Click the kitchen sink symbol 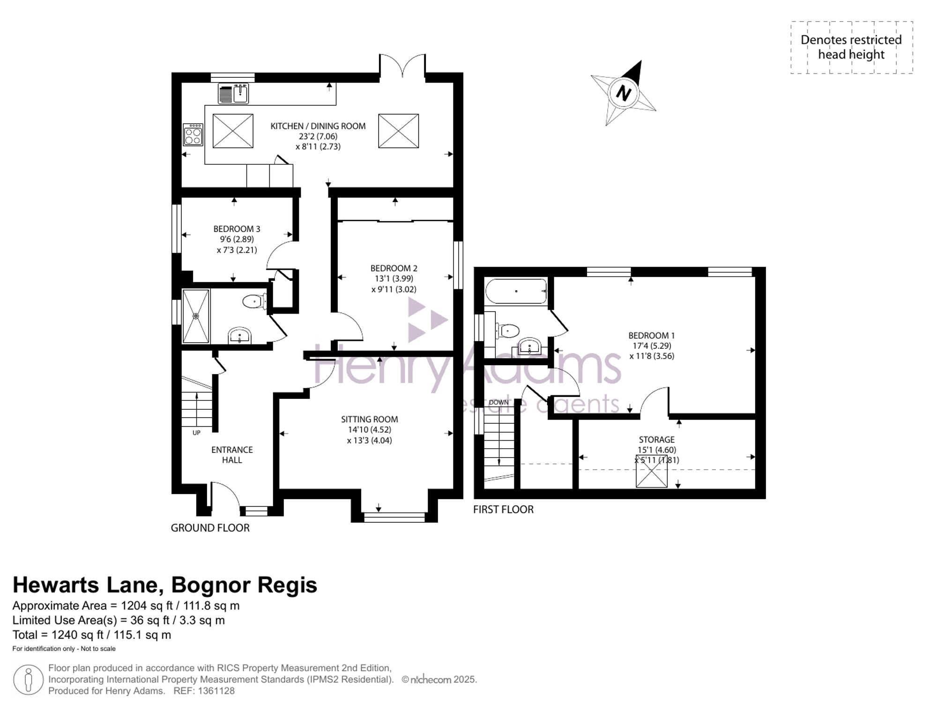click(x=233, y=93)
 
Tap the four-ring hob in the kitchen click(x=193, y=135)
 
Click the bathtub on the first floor click(x=516, y=292)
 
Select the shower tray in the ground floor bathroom click(x=196, y=316)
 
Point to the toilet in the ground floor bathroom click(x=255, y=301)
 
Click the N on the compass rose click(x=623, y=92)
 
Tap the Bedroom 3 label click(x=237, y=229)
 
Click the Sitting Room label click(x=370, y=419)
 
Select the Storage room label click(x=657, y=439)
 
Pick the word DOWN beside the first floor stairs click(x=498, y=402)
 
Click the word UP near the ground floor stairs click(x=196, y=433)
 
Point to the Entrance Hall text click(x=232, y=455)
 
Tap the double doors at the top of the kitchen click(x=402, y=65)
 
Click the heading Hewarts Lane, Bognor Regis click(x=165, y=585)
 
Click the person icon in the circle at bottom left click(x=28, y=680)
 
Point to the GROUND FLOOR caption click(x=210, y=528)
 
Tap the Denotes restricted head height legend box click(x=852, y=47)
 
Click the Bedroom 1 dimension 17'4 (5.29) click(x=652, y=345)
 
